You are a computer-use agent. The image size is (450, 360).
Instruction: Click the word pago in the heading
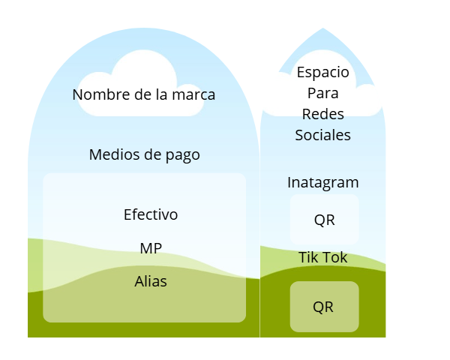click(x=183, y=155)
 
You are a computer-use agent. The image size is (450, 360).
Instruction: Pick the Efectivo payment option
click(x=151, y=214)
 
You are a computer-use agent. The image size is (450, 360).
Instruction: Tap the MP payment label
click(x=151, y=248)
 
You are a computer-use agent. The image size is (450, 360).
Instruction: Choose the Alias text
click(x=151, y=281)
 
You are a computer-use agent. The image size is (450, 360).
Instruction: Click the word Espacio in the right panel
click(x=323, y=73)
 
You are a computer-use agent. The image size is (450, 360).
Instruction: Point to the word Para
click(x=323, y=94)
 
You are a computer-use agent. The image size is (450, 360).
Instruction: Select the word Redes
click(x=323, y=115)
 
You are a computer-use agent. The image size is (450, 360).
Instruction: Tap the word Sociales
click(x=323, y=136)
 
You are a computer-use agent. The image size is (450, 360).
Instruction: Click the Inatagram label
click(x=323, y=182)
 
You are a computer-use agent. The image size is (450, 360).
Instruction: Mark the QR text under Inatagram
click(x=324, y=220)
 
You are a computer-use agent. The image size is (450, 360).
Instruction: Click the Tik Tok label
click(x=323, y=257)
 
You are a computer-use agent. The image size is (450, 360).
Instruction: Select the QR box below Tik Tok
click(x=324, y=307)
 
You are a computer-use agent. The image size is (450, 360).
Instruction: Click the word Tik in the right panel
click(x=308, y=257)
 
